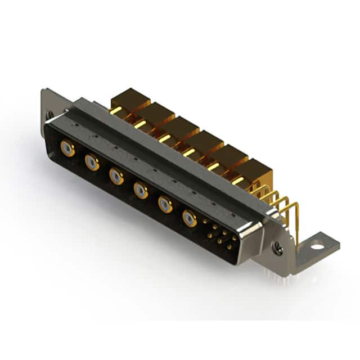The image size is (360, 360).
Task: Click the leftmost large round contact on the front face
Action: tap(67, 148)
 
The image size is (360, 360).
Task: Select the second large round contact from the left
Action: tap(92, 163)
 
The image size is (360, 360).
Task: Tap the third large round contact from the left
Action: tap(116, 177)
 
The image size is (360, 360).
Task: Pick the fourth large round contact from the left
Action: tap(141, 191)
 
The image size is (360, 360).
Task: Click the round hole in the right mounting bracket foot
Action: tap(317, 246)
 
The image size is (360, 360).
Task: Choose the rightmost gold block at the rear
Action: tap(255, 170)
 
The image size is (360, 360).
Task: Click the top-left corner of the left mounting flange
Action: tap(43, 90)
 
